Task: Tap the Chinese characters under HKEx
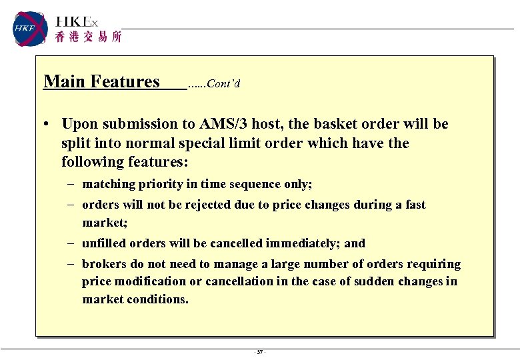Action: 88,38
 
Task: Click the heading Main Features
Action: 101,82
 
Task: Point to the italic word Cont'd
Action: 223,84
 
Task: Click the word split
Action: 74,143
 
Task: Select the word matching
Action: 108,184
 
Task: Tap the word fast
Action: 415,205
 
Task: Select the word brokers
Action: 103,264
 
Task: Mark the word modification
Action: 151,281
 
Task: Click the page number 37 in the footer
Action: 259,352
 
